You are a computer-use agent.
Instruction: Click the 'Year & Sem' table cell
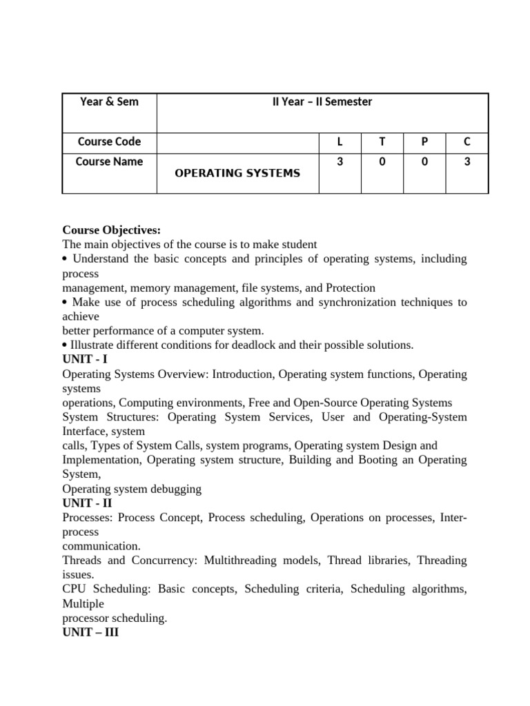click(x=109, y=102)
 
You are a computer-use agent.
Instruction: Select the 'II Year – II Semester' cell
click(x=322, y=102)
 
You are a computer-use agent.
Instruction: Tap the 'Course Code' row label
click(x=109, y=142)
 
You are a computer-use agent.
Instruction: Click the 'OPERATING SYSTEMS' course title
click(x=237, y=173)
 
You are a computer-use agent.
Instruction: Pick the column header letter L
click(x=340, y=142)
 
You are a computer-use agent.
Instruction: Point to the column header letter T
click(x=382, y=142)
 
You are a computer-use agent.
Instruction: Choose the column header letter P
click(x=424, y=142)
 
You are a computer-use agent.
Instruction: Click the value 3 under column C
click(x=467, y=162)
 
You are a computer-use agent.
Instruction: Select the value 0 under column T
click(x=382, y=162)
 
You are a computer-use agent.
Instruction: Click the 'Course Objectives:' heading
click(x=111, y=230)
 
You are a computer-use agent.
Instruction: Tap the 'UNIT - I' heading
click(x=85, y=359)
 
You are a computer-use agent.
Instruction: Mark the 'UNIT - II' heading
click(x=88, y=503)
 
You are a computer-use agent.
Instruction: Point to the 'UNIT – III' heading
click(x=90, y=632)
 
